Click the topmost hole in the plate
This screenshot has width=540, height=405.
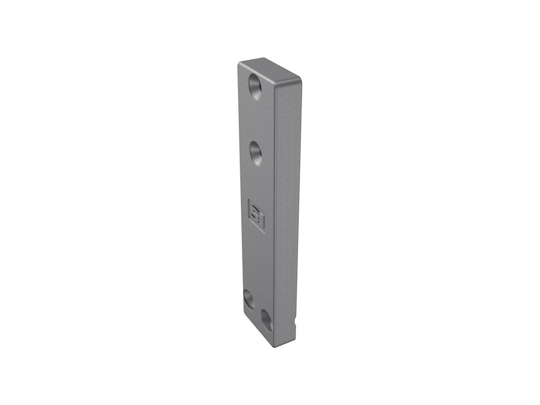pos(255,87)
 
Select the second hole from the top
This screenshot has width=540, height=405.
pos(256,153)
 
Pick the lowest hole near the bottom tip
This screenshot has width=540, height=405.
pos(267,320)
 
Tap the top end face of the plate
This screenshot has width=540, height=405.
pos(270,71)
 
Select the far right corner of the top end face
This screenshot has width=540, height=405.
pos(301,80)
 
